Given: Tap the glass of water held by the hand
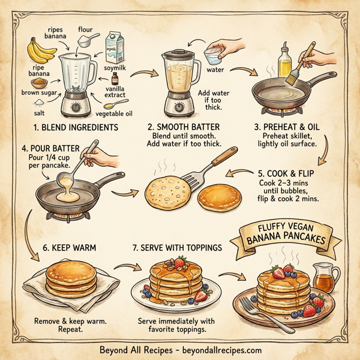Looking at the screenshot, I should [x=211, y=56].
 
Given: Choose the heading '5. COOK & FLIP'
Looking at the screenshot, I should [x=286, y=173].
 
